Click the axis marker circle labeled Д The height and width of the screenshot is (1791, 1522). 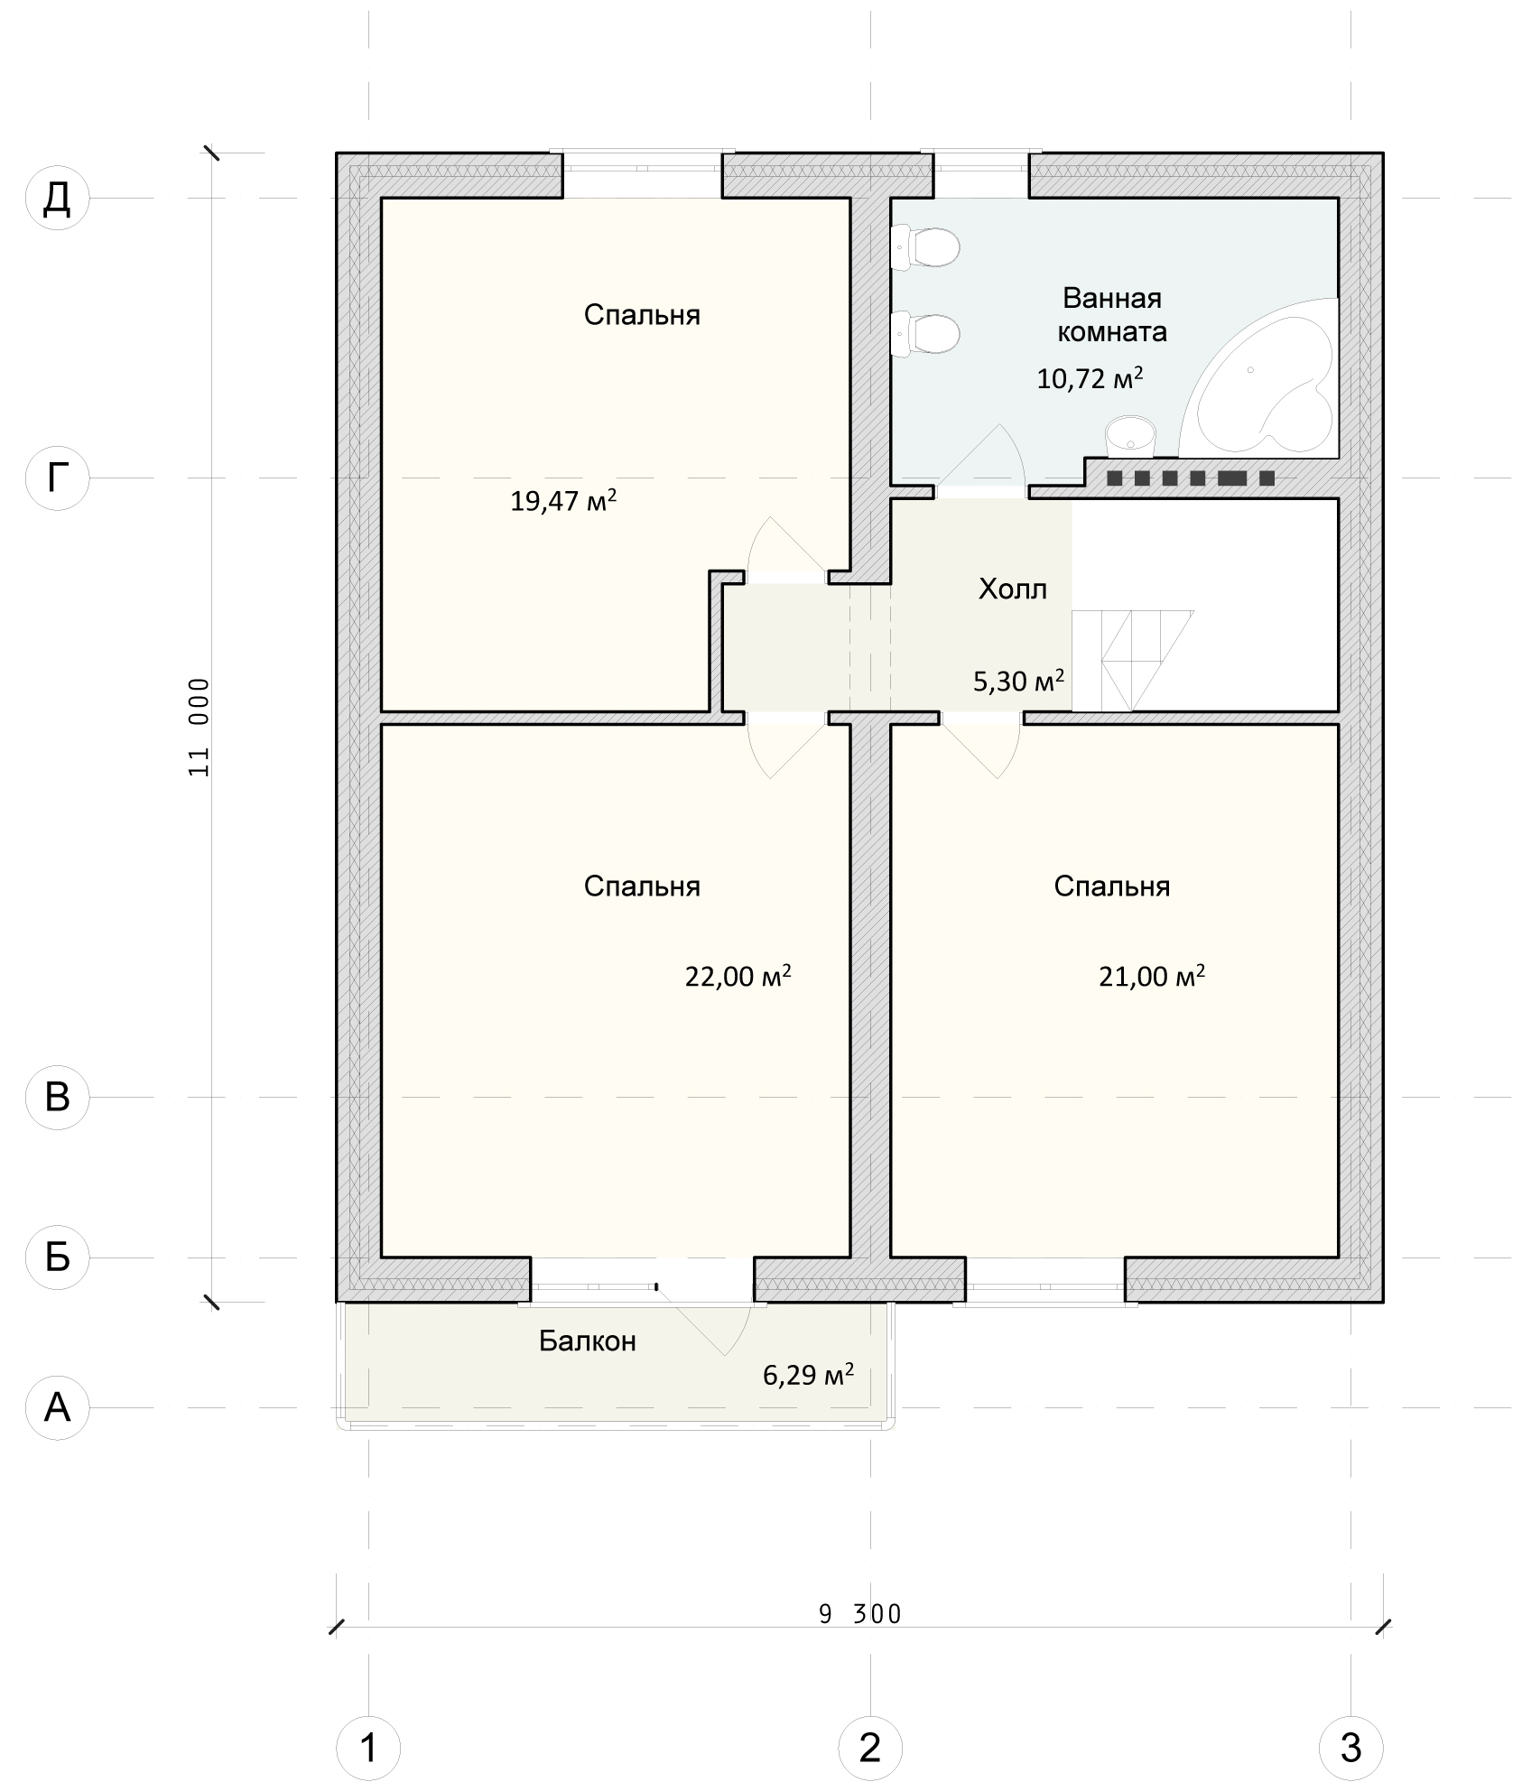pos(57,199)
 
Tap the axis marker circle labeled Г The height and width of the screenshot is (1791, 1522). pos(57,478)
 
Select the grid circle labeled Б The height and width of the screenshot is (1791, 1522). pos(57,1257)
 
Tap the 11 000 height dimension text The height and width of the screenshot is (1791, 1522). pos(200,728)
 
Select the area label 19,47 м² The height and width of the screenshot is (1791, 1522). pos(564,500)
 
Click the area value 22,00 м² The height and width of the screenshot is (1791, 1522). pos(738,976)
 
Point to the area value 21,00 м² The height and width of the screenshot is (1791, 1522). pos(1153,976)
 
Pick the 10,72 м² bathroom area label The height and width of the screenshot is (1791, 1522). pos(1090,377)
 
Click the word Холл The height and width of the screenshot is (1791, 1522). pos(1013,589)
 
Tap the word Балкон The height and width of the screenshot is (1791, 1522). pos(588,1341)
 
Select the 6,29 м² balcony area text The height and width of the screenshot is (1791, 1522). pos(809,1375)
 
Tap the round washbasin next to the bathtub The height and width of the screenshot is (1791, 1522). pos(1130,435)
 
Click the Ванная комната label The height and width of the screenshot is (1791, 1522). pos(1112,315)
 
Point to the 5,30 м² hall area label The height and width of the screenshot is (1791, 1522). pos(1019,681)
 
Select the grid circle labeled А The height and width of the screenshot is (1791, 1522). pos(57,1407)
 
